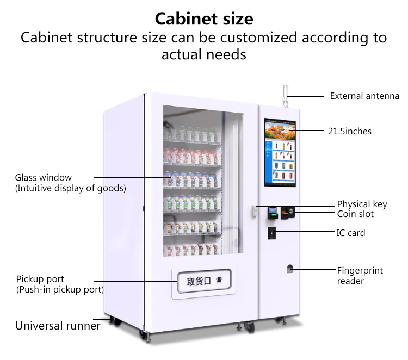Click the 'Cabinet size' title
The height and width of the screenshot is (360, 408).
point(204,19)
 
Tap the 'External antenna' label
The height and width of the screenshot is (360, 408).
point(364,96)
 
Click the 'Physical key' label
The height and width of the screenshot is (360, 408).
point(362,204)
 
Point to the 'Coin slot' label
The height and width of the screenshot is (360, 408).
point(355,214)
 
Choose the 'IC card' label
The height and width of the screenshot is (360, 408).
point(351,233)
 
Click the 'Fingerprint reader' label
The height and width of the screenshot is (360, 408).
point(360,275)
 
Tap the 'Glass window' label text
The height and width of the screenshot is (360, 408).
point(43,178)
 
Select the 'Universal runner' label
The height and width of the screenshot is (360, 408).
point(58,326)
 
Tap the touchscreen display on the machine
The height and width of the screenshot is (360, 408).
point(281,152)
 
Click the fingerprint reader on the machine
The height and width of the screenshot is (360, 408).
point(290,269)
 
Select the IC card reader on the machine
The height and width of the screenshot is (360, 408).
point(271,232)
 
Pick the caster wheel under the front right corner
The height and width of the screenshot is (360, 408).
point(249,327)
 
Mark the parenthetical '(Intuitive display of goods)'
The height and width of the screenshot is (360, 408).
point(70,188)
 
